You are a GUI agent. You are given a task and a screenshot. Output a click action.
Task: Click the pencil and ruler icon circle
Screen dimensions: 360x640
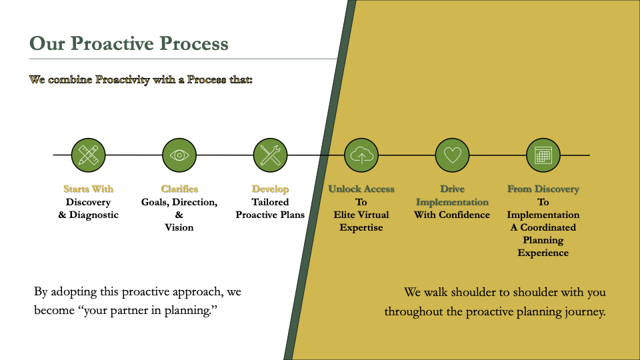[x=89, y=155]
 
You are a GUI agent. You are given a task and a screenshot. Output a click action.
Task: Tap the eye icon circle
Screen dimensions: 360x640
[x=179, y=155]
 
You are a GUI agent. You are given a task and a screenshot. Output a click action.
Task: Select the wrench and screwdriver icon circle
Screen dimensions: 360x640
[x=270, y=155]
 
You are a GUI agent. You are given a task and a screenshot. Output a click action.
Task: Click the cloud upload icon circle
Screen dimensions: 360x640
[x=361, y=155]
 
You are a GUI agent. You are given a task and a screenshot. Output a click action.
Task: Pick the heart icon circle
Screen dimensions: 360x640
[x=452, y=155]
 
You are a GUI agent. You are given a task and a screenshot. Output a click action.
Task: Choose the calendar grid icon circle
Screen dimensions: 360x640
[x=543, y=155]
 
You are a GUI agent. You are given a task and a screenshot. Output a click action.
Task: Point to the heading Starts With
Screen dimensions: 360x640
[x=89, y=189]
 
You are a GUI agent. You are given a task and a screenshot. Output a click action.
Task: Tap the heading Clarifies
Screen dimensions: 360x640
[x=179, y=189]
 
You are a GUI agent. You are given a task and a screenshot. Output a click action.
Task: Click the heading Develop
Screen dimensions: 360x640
[x=270, y=189]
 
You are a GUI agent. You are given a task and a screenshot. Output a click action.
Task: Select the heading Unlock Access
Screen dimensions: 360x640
[x=361, y=189]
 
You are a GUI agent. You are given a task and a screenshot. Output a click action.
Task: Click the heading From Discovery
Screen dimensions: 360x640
[x=543, y=189]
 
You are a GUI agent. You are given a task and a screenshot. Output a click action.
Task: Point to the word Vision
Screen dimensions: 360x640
[x=179, y=227]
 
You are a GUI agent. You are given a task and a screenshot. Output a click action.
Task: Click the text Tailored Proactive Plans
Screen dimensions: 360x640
[x=270, y=208]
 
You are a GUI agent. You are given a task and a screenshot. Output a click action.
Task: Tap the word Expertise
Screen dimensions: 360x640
[x=361, y=227]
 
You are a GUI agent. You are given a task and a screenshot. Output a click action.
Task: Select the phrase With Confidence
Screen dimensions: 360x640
[x=452, y=215]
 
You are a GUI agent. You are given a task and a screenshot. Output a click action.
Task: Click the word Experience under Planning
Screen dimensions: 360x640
[x=543, y=253]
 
